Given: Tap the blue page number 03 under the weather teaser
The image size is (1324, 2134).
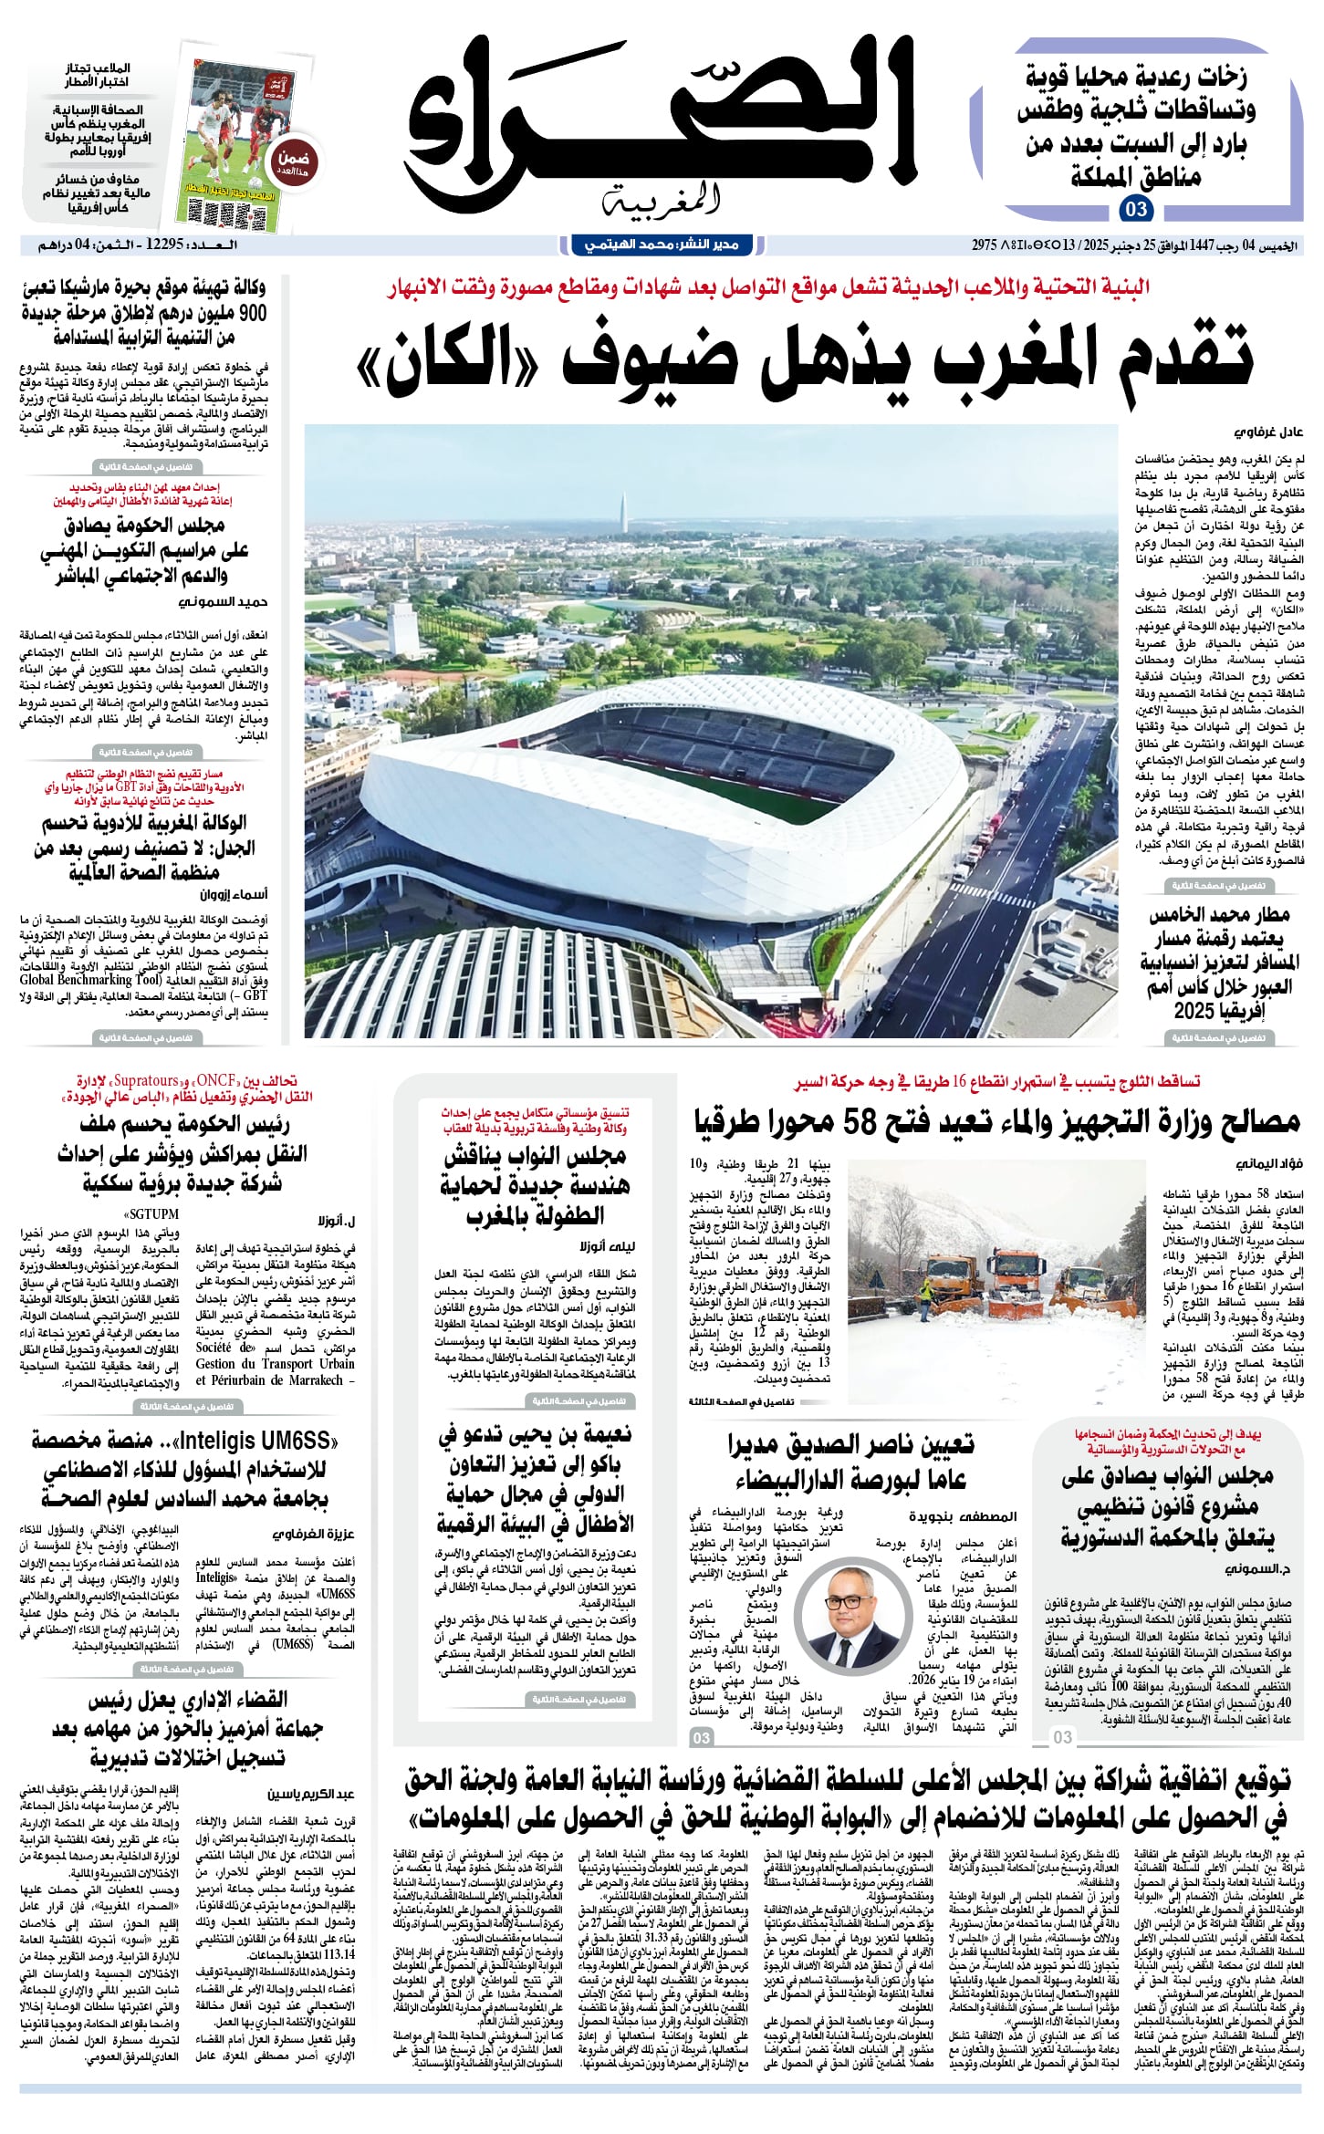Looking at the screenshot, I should tap(1136, 210).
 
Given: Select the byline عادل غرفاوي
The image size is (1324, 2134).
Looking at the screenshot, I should tap(1269, 432).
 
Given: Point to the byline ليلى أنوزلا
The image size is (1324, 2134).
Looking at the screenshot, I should tap(606, 1245).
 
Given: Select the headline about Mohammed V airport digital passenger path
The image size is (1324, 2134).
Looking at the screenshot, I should tap(1219, 963).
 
